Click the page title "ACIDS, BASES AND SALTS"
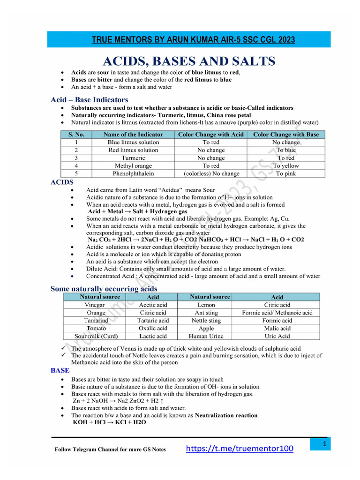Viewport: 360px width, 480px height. tap(189, 61)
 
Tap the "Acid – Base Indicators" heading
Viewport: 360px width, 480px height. tap(89, 100)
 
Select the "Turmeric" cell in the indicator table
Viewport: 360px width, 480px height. tap(133, 158)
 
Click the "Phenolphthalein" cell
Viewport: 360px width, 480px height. tap(133, 173)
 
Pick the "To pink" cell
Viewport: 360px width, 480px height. tap(286, 173)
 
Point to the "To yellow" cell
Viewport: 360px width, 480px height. tap(286, 166)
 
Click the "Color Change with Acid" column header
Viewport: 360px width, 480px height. tap(211, 135)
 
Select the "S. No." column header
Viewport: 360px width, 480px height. tap(76, 135)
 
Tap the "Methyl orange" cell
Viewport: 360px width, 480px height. tap(133, 166)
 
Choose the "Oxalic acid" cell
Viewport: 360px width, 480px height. tap(153, 328)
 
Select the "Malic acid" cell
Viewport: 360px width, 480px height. tap(277, 328)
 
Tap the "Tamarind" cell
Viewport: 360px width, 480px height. tap(96, 321)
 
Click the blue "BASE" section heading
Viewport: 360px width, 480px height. tap(60, 370)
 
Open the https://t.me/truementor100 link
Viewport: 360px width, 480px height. tap(240, 449)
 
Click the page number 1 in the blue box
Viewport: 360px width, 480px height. tap(324, 443)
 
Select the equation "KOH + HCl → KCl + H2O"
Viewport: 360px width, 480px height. tap(109, 422)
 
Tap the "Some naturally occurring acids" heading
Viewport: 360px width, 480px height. tap(104, 289)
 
